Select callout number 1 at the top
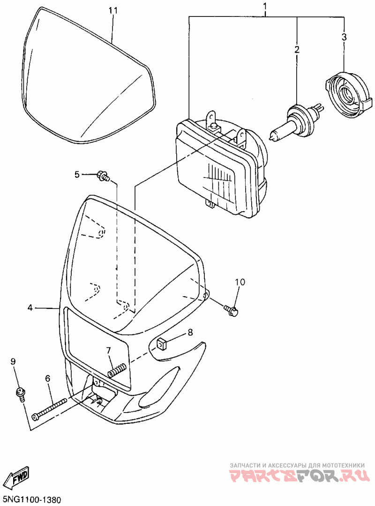[265, 7]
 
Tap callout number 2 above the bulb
[297, 49]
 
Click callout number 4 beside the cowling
[30, 308]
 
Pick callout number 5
[77, 175]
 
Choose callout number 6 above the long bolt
[47, 378]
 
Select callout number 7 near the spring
[108, 350]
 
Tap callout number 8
[190, 332]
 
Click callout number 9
[14, 361]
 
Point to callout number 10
[240, 282]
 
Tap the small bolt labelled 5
[103, 176]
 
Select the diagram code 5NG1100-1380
[32, 499]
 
